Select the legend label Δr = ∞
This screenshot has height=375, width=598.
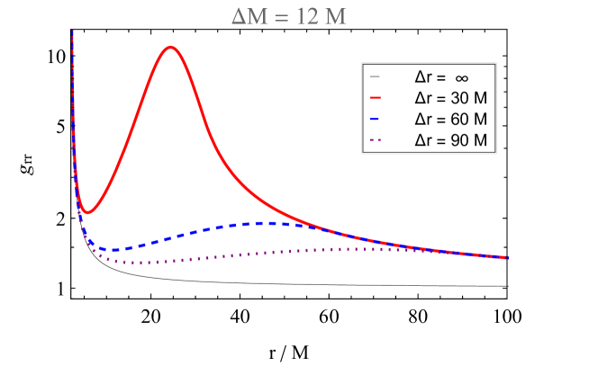441,77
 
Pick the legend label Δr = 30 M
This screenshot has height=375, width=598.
450,98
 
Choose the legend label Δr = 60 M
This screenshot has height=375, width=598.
450,119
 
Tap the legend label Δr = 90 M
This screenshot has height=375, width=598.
450,140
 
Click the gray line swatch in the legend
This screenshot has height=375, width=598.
376,77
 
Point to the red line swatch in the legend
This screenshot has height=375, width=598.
376,98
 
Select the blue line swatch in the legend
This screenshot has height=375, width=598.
376,119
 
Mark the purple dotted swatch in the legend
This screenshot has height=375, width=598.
376,140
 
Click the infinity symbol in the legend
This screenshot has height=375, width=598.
461,77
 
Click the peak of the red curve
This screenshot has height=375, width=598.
171,47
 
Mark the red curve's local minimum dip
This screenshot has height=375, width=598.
87,213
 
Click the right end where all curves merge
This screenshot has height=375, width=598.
507,257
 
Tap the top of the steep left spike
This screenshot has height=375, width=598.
72,32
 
